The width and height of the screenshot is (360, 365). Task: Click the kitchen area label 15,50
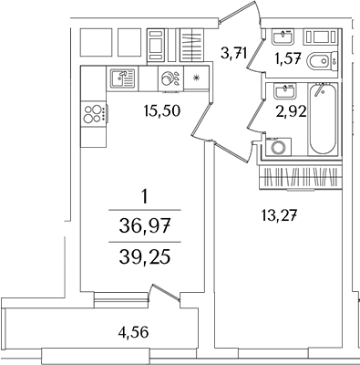(162, 110)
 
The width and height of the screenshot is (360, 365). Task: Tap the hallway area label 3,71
(233, 54)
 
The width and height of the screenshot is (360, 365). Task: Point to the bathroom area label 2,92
(291, 112)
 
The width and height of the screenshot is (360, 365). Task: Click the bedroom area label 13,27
(279, 216)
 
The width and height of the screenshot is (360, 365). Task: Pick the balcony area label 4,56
(133, 332)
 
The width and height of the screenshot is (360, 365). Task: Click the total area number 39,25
(145, 258)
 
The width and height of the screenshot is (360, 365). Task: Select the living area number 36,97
(145, 226)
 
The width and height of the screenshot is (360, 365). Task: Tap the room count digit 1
(145, 196)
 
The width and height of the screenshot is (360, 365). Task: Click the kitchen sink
(122, 78)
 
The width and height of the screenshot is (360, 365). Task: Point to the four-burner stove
(94, 113)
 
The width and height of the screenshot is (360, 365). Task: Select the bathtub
(324, 120)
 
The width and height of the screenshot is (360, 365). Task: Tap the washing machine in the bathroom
(278, 147)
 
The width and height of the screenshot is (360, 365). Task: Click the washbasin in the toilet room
(283, 37)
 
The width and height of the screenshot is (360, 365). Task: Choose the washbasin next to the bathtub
(284, 90)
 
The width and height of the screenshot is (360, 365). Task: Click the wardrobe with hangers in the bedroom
(301, 178)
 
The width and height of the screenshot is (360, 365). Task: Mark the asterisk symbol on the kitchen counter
(196, 78)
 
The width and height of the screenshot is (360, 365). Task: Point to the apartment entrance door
(240, 12)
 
